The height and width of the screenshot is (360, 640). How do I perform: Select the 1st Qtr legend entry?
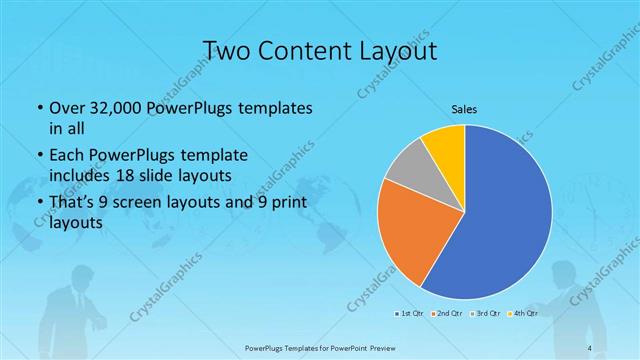[x=409, y=313]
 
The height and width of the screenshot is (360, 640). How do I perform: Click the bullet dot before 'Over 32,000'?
[x=38, y=108]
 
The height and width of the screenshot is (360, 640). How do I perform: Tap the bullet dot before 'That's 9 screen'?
[x=38, y=203]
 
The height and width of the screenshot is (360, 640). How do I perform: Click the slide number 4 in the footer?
[x=591, y=347]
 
